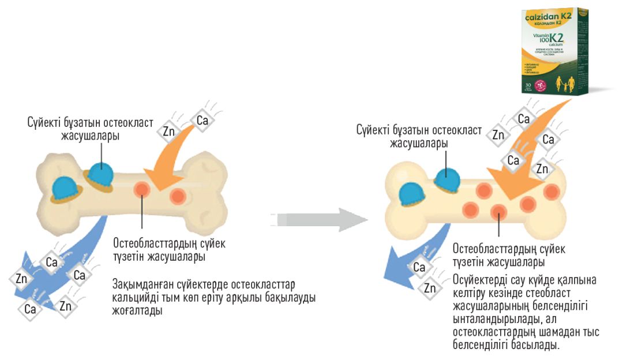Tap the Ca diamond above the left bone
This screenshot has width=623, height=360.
point(202,121)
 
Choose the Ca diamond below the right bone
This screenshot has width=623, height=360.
point(419,268)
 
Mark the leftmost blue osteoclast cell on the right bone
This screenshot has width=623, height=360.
point(411,193)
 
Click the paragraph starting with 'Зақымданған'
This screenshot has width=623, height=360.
point(213,297)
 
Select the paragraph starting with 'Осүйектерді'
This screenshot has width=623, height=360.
point(525,312)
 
